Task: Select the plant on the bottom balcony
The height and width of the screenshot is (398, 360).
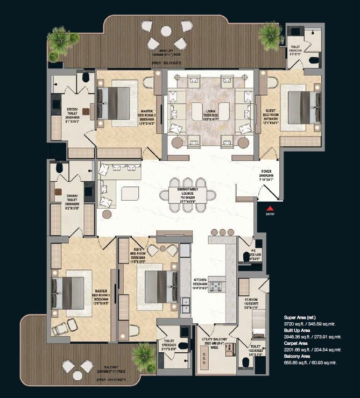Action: pyautogui.click(x=144, y=353)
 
